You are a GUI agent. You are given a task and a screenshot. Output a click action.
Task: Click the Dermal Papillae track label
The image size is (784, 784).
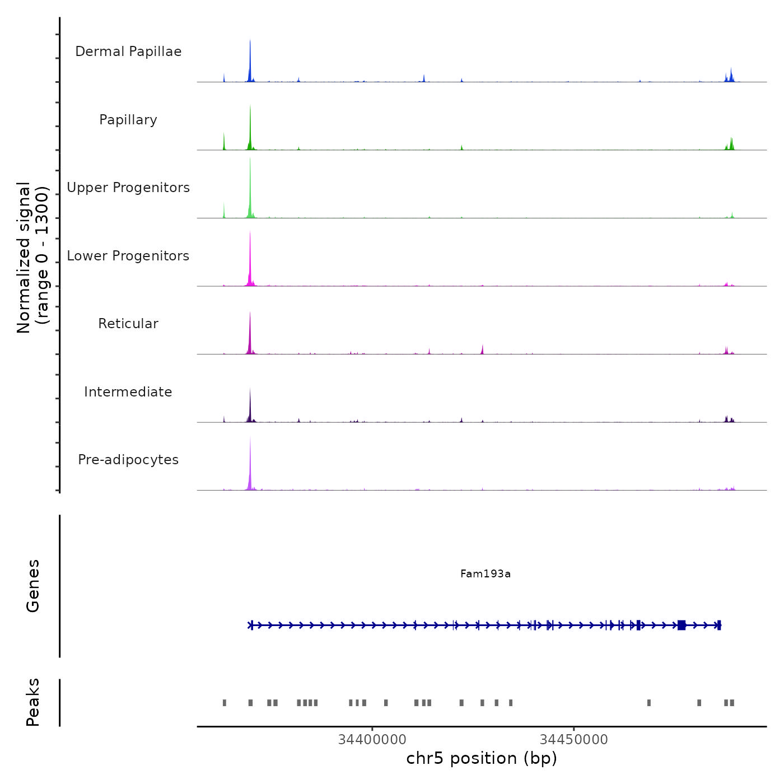128,52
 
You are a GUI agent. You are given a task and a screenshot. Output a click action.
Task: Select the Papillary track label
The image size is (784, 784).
128,120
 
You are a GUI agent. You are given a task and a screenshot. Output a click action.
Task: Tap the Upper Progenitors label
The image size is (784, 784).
128,188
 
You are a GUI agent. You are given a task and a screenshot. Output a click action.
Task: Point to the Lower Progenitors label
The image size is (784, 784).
128,256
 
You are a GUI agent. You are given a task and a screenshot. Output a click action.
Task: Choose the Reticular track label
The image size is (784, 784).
128,324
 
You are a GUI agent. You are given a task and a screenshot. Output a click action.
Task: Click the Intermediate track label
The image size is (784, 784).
128,392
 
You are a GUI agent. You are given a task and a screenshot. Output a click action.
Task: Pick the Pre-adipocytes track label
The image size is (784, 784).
128,460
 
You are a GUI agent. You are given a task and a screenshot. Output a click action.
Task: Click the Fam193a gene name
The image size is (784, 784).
486,573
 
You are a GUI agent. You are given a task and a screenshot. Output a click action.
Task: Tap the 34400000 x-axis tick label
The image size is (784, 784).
372,739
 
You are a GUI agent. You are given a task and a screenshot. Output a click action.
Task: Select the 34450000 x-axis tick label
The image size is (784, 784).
574,739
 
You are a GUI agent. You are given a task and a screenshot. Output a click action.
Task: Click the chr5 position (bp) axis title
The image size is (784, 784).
482,758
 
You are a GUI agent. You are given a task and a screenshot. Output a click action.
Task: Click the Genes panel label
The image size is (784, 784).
33,586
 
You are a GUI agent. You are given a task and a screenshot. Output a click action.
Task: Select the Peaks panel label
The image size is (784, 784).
33,702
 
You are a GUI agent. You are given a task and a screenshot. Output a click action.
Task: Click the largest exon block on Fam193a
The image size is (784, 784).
682,625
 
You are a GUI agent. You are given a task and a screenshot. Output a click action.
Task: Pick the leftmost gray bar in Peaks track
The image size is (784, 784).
225,703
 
